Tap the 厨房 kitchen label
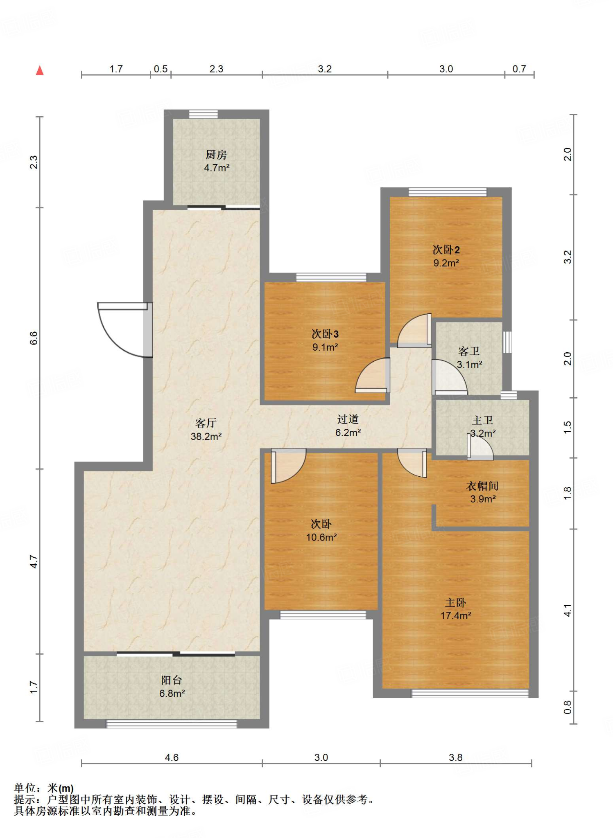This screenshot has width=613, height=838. point(216,155)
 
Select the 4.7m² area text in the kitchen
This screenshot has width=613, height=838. point(217,168)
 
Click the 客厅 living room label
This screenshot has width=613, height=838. point(206,423)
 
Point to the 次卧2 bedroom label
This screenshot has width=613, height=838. point(446,250)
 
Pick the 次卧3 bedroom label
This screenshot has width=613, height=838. point(325,334)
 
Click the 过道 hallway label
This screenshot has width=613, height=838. point(348,419)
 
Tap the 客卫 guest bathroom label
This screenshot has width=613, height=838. point(469,351)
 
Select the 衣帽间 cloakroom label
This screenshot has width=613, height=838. point(482,486)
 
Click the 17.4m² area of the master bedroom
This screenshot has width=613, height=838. point(456,616)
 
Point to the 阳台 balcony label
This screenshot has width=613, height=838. point(172,680)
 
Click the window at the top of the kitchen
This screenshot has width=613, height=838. point(204,114)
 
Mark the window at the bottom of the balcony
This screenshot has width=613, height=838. point(172,724)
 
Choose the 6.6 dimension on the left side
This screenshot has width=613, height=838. point(34,338)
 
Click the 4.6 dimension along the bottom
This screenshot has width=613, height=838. point(172,757)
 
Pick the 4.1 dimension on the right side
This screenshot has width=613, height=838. point(568,610)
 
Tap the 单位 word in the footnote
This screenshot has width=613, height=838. point(25,788)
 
